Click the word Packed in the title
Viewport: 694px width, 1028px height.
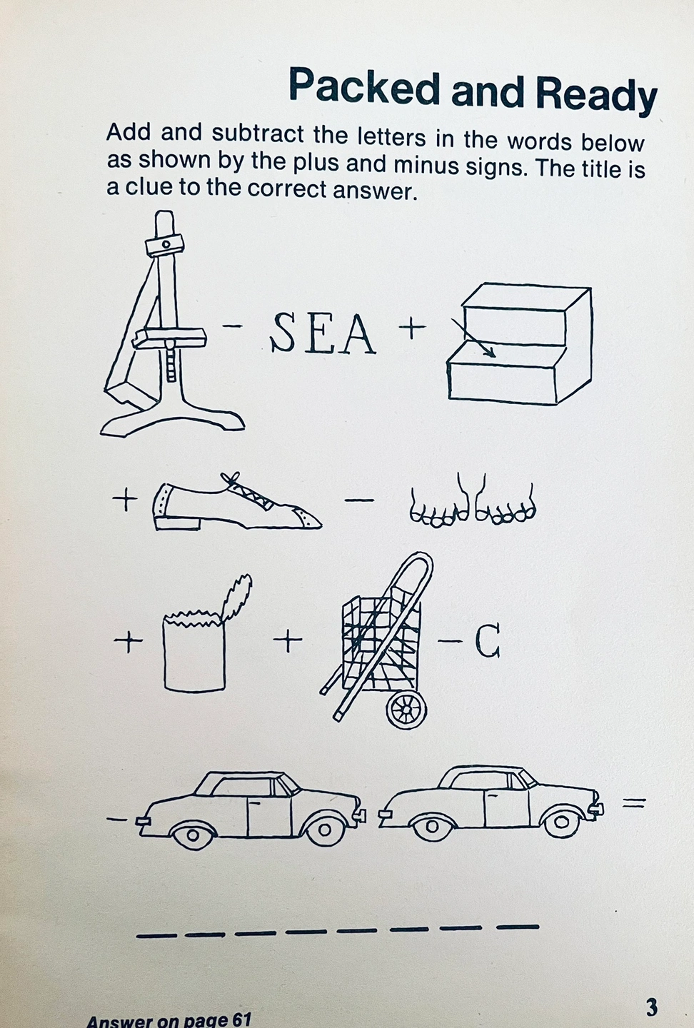click(364, 86)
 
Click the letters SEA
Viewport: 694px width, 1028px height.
click(323, 333)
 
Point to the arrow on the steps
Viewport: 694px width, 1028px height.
click(473, 338)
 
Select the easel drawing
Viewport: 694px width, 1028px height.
click(172, 323)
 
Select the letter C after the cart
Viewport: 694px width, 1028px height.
click(488, 641)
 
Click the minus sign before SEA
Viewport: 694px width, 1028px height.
click(232, 326)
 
